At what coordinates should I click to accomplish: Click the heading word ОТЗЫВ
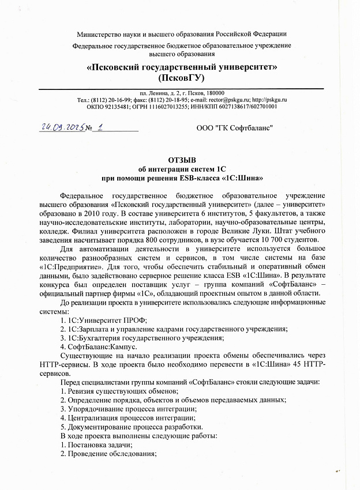pyautogui.click(x=182, y=160)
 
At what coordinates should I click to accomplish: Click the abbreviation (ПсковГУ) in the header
pyautogui.click(x=182, y=77)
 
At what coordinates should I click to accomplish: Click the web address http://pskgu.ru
pyautogui.click(x=271, y=100)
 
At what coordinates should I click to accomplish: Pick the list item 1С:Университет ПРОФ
pyautogui.click(x=104, y=320)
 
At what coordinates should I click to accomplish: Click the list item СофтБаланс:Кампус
pyautogui.click(x=99, y=347)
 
